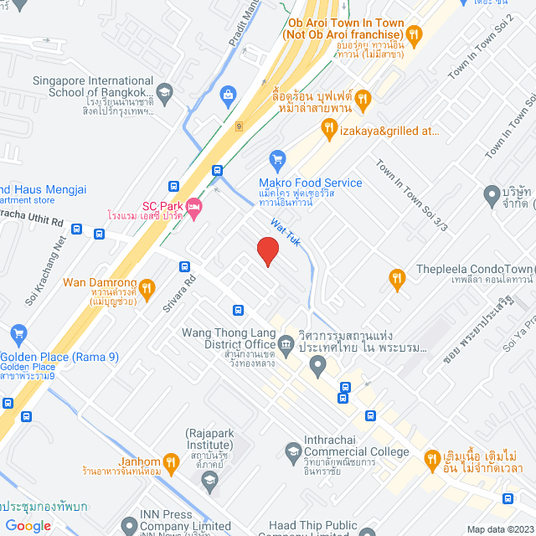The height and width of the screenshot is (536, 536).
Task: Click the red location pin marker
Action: (x=267, y=251)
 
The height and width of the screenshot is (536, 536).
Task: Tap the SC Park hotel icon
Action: (x=194, y=206)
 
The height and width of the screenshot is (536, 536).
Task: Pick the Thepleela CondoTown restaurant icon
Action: (x=397, y=278)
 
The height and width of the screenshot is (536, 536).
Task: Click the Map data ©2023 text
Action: (x=500, y=529)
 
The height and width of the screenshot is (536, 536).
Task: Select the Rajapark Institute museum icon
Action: (x=209, y=479)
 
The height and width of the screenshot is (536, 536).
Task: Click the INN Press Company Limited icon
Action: (x=128, y=526)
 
